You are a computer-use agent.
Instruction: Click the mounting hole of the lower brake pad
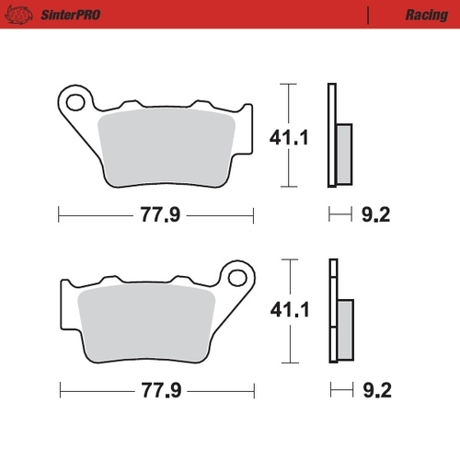238,277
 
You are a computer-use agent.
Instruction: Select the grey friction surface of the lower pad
147,322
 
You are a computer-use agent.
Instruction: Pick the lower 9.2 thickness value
376,390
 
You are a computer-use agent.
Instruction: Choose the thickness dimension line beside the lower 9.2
341,390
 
